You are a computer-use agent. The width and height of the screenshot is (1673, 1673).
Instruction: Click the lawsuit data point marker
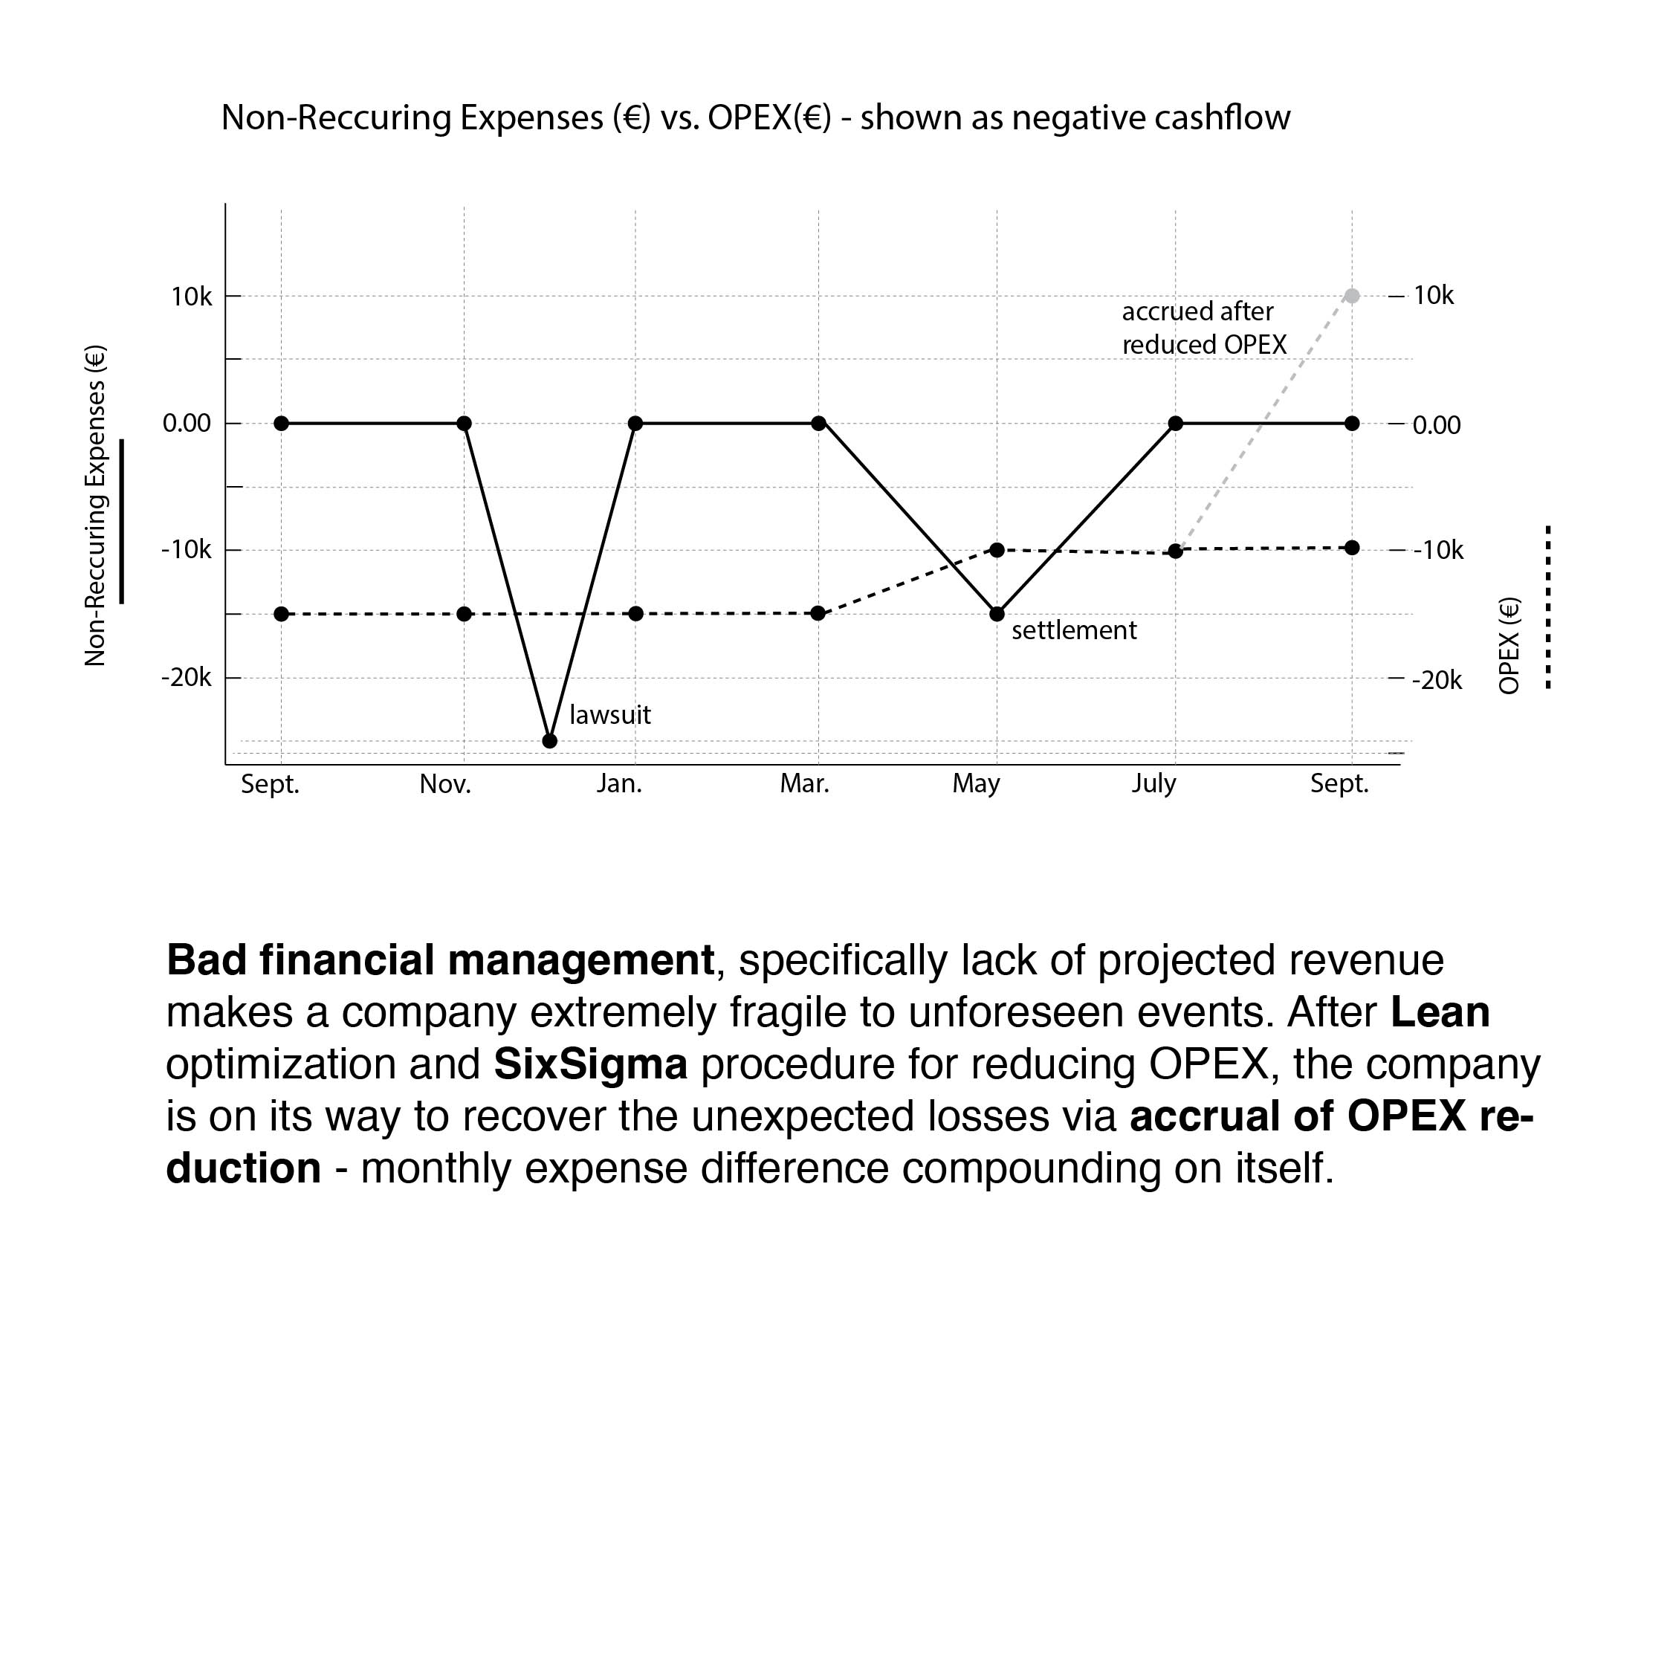(550, 741)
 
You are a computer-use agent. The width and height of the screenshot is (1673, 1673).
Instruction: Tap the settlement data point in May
(997, 614)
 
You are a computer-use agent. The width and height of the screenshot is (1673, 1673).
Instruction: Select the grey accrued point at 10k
(1352, 296)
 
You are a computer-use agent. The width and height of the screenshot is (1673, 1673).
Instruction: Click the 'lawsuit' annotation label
(609, 715)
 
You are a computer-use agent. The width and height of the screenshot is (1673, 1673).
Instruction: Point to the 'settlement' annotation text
(1074, 630)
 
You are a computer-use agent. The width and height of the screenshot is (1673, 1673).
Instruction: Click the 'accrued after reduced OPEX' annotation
(1204, 329)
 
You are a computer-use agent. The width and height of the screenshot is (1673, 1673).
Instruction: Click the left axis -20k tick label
(186, 678)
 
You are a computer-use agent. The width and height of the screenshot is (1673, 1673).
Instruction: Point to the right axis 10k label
(1433, 296)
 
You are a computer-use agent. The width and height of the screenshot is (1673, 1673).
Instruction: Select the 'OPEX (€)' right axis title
(1509, 646)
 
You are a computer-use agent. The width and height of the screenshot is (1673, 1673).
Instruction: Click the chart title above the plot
(755, 117)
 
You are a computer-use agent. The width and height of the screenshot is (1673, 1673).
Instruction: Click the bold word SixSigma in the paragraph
(591, 1064)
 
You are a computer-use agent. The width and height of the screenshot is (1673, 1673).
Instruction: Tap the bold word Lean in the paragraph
(1440, 1012)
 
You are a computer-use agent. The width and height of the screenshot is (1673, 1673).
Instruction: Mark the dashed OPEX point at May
(997, 551)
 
